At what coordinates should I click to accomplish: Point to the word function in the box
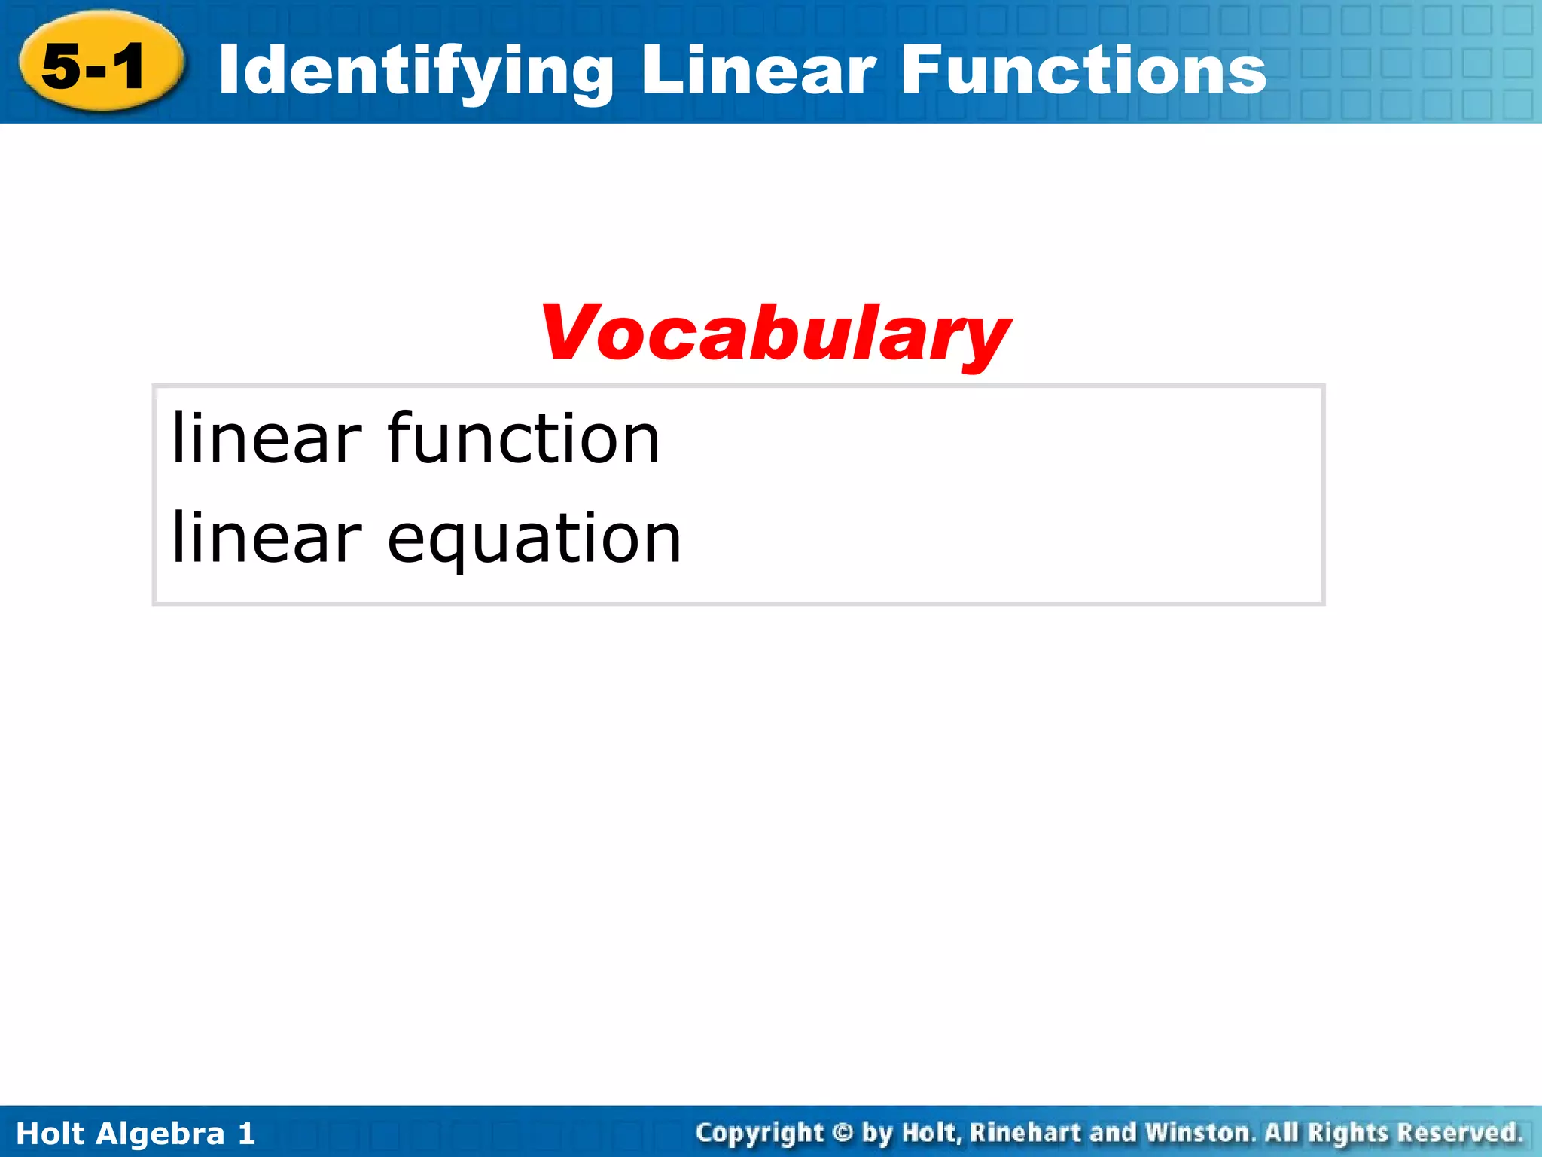(523, 438)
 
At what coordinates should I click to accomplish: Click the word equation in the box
(534, 539)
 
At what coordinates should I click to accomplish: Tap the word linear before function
(267, 438)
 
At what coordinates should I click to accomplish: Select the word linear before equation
(267, 538)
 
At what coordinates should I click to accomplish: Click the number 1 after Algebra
(246, 1134)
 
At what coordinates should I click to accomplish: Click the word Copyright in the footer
(760, 1133)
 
